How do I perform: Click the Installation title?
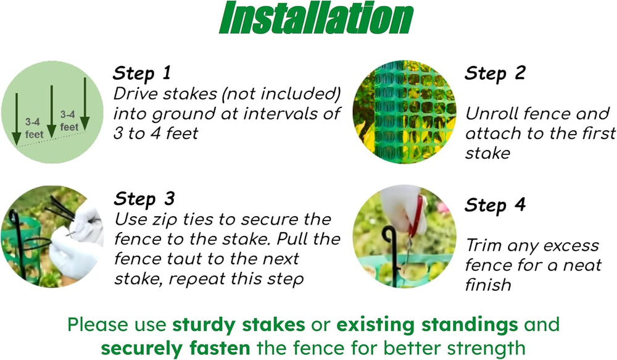click(x=316, y=18)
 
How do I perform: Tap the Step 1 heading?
click(x=142, y=73)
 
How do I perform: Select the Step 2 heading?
click(x=495, y=73)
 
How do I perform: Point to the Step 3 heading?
click(x=144, y=199)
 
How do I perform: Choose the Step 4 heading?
click(x=495, y=205)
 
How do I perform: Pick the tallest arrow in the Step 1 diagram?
click(x=85, y=104)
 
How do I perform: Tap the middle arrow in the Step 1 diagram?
click(x=52, y=112)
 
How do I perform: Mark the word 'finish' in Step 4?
click(x=488, y=285)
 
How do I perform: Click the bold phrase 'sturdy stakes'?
click(x=238, y=325)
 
